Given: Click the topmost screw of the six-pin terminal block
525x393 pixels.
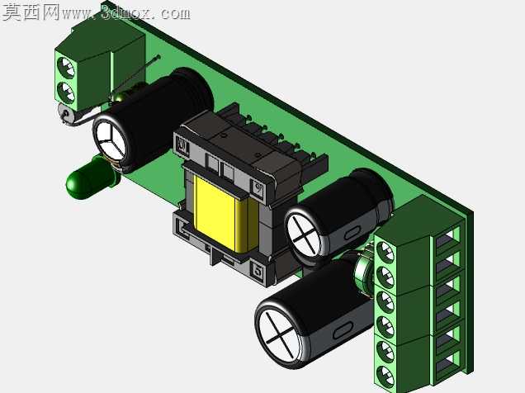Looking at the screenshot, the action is pyautogui.click(x=385, y=252).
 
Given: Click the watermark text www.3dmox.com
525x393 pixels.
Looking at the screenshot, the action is pyautogui.click(x=126, y=12).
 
